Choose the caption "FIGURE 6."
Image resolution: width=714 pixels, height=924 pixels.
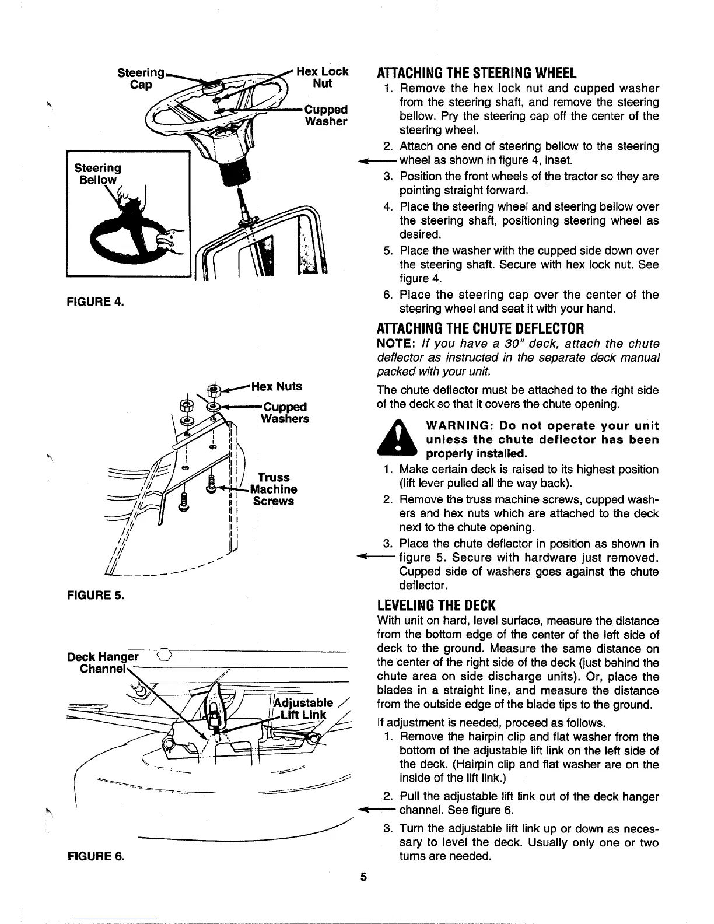(94, 857)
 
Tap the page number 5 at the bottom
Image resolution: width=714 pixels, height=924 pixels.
(363, 877)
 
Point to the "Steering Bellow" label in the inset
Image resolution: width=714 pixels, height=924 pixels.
(97, 173)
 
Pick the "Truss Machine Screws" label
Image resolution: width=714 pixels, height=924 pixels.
(274, 489)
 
